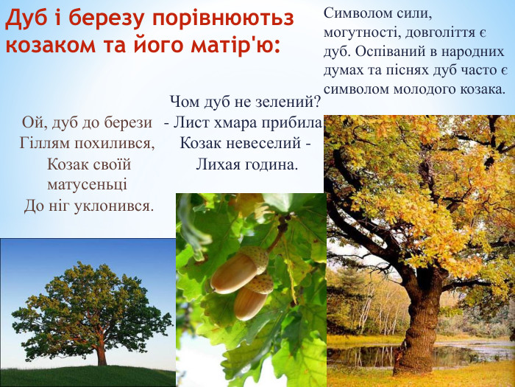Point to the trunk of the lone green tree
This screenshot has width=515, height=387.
[101, 356]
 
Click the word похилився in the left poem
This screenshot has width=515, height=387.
[118, 142]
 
